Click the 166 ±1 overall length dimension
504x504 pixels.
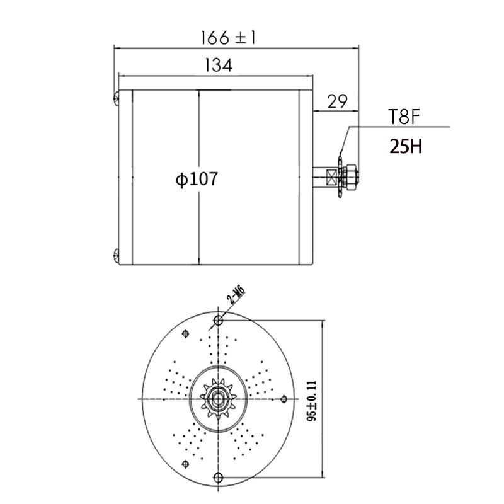228,38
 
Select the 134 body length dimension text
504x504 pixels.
218,66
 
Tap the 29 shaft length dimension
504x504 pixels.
337,101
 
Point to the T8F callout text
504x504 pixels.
404,117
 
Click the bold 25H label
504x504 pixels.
406,147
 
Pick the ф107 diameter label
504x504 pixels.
197,179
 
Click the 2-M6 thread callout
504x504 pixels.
236,295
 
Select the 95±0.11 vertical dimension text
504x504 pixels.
312,401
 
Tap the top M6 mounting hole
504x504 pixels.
218,320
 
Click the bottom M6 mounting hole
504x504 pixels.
218,477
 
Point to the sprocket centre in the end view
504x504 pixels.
218,399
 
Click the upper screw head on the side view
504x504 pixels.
117,98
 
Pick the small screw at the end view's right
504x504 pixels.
283,399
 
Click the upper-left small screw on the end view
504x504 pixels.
185,334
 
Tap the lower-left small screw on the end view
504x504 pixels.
185,464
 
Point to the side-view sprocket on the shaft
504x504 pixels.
340,176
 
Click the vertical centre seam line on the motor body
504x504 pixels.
199,177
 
